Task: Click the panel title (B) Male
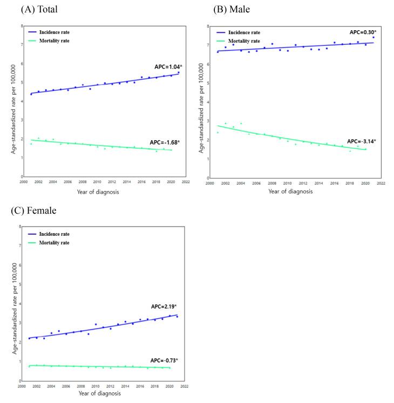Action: [x=232, y=9]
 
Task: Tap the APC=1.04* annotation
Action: [x=168, y=66]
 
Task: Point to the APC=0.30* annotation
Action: [x=362, y=32]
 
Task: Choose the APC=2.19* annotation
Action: [x=162, y=306]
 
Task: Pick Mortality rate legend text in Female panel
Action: [x=54, y=243]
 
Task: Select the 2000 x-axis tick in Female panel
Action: [x=22, y=386]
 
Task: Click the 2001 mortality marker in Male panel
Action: [x=218, y=132]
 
